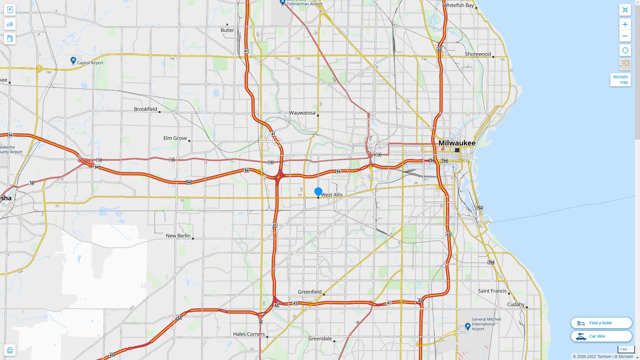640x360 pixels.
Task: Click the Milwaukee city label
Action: tap(457, 143)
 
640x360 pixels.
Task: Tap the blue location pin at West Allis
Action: tap(318, 191)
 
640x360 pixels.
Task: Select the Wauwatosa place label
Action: tap(302, 113)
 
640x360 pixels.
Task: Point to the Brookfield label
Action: tap(145, 109)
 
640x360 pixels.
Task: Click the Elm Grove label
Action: tap(175, 138)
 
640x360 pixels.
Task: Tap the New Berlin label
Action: tap(178, 236)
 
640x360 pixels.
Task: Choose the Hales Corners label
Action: tap(249, 334)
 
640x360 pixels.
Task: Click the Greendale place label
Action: tap(320, 339)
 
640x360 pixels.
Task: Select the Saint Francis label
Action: tap(492, 291)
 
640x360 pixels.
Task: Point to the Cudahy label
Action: tap(516, 305)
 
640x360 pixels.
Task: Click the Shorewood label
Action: tap(478, 54)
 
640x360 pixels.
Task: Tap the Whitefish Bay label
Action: tap(458, 5)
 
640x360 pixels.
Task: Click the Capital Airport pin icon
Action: tap(73, 60)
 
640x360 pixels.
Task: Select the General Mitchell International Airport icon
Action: tap(468, 326)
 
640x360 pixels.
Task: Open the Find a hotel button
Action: tap(601, 323)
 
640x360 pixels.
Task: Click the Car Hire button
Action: tap(601, 336)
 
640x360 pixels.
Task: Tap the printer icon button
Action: tap(10, 350)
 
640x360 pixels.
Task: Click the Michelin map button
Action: tap(620, 80)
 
